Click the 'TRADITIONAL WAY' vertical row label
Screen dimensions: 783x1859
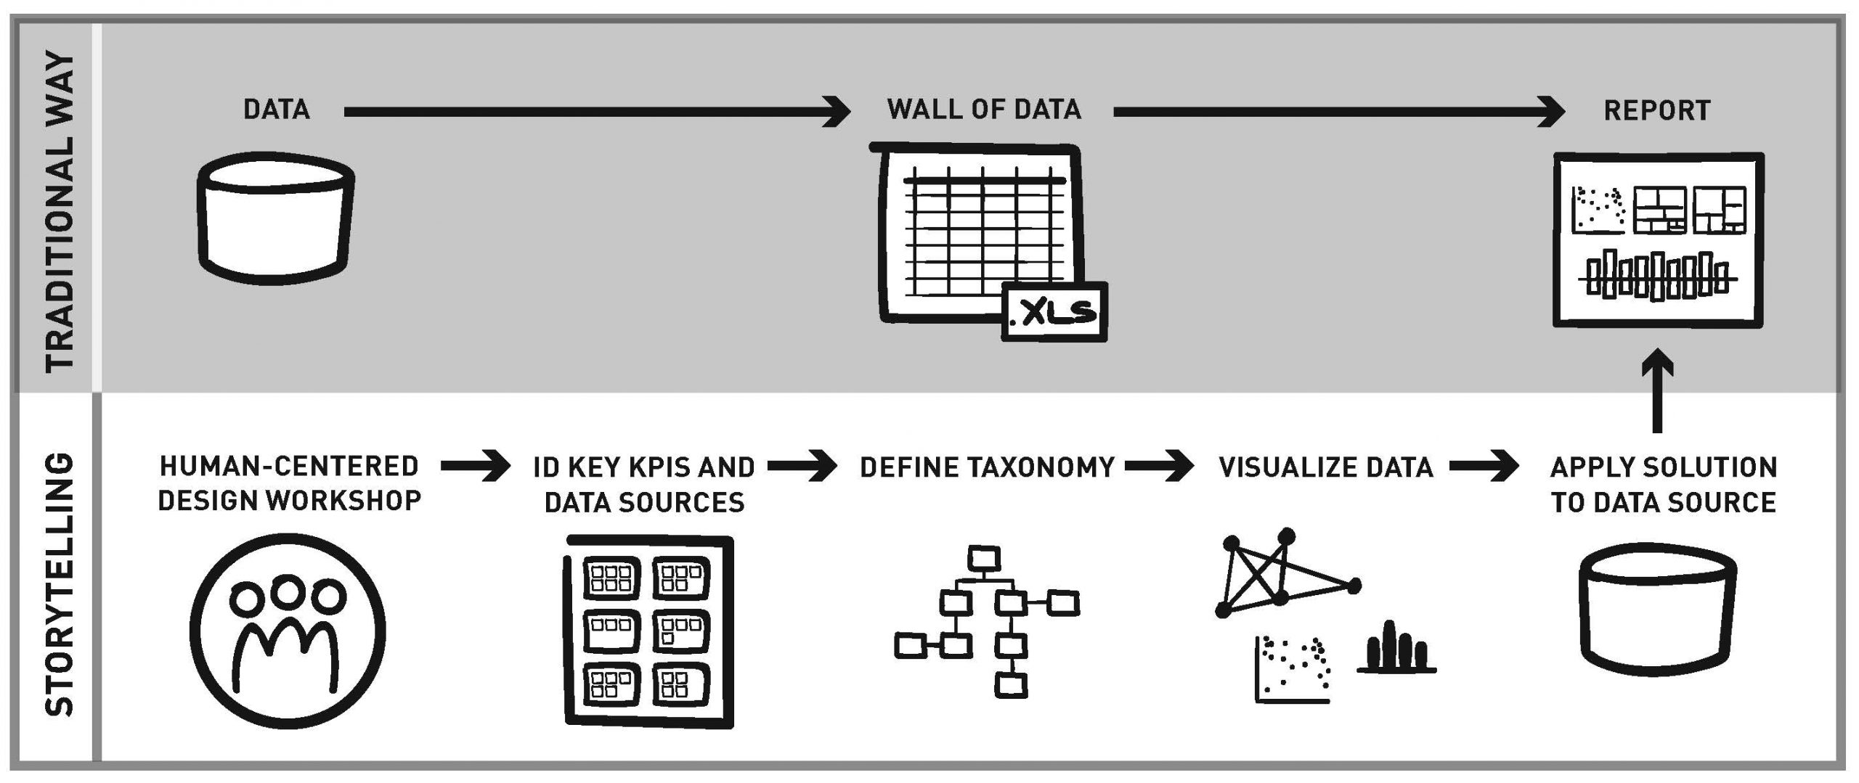pos(60,210)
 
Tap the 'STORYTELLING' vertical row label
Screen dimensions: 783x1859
pos(60,585)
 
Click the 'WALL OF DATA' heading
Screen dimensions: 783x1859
pos(984,110)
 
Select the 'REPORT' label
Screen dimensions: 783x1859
pos(1656,111)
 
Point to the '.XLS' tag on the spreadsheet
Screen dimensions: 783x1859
pos(1054,312)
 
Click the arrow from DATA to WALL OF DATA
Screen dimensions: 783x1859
pos(595,112)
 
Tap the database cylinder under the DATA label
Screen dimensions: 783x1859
pos(276,224)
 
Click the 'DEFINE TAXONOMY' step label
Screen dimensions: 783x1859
pos(987,468)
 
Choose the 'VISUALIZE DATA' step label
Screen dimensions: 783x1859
pos(1326,468)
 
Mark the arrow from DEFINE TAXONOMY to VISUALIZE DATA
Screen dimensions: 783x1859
pos(1159,467)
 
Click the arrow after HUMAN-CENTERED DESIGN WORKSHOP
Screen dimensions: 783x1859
pos(476,467)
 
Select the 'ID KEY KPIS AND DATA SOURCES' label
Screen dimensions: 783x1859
pos(644,485)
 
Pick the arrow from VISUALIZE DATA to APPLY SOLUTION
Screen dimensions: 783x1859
pos(1484,467)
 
